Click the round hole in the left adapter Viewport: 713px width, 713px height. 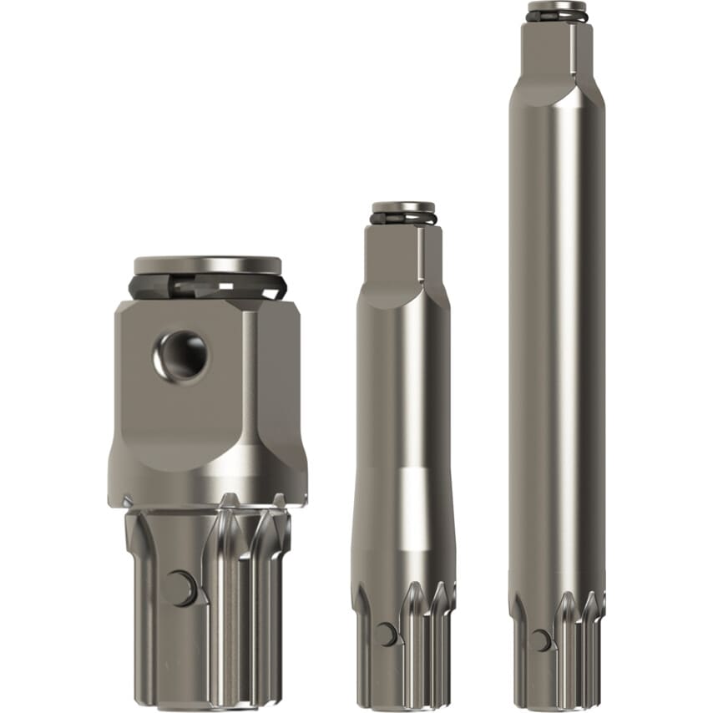point(181,356)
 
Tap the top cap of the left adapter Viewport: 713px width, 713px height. point(207,265)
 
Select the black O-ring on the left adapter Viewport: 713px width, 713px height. point(207,287)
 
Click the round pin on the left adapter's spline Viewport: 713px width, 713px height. point(180,589)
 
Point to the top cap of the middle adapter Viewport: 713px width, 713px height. point(403,207)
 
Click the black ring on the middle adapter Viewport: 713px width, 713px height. point(403,219)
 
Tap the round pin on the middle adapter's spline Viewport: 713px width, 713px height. point(386,635)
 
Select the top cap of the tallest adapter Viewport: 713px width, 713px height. point(557,7)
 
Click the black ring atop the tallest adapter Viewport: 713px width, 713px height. point(557,16)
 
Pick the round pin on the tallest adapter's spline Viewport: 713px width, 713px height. point(541,640)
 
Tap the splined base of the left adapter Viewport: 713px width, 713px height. point(209,609)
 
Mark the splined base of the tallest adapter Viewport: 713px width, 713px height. point(557,651)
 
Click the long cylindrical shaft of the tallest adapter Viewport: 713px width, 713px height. point(557,334)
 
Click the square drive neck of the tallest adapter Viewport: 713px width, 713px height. point(557,50)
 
